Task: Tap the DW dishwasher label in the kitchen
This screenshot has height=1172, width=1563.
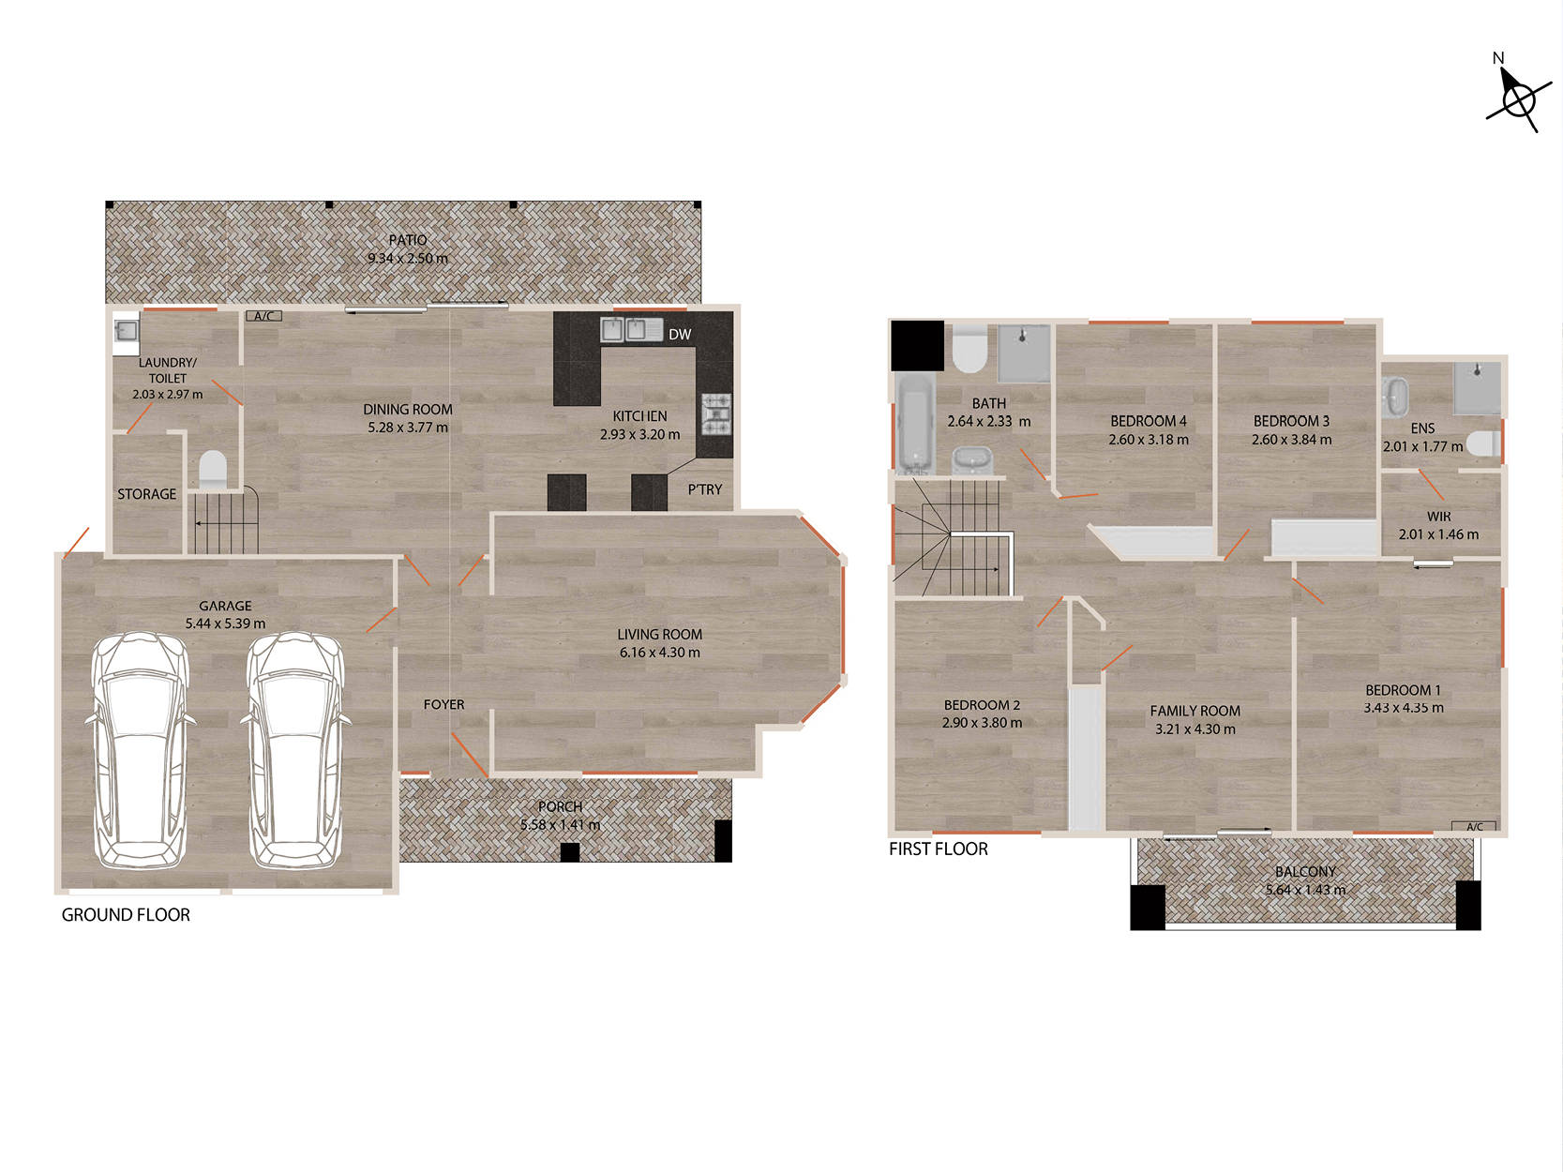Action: click(x=680, y=334)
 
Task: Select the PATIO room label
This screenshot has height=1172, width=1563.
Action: click(x=408, y=240)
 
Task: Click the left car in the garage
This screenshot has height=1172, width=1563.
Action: click(x=140, y=750)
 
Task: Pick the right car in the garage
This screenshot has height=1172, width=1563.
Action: click(x=295, y=750)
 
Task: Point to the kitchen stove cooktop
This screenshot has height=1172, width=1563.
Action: click(x=716, y=414)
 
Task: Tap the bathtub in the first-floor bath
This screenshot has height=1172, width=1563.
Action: click(x=913, y=425)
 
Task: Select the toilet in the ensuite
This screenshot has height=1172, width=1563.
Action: click(x=1484, y=443)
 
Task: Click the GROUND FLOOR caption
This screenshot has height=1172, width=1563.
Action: click(x=126, y=915)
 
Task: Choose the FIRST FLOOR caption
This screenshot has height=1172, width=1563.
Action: click(x=939, y=849)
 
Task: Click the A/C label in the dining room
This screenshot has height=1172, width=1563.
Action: click(x=264, y=316)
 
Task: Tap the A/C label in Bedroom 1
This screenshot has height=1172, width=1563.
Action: click(x=1475, y=827)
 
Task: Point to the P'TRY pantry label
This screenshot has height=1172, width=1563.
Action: click(x=705, y=489)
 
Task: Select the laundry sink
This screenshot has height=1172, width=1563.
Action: click(x=127, y=331)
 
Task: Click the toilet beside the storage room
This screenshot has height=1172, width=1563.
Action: click(x=213, y=470)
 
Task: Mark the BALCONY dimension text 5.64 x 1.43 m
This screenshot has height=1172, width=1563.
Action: click(x=1306, y=890)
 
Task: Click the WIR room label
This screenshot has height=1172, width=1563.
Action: click(x=1438, y=517)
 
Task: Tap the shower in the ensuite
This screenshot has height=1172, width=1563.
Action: click(x=1478, y=388)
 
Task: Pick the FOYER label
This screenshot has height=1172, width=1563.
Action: click(x=443, y=704)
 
